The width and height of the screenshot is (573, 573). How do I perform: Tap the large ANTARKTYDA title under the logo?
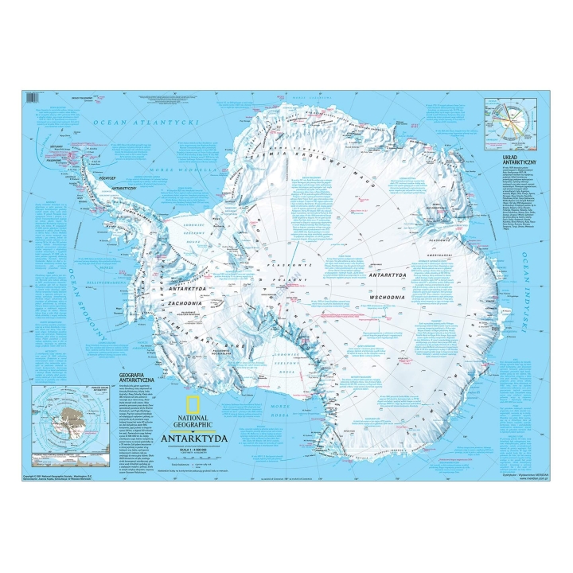point(194,438)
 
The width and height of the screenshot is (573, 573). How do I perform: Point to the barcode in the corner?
point(32,98)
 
